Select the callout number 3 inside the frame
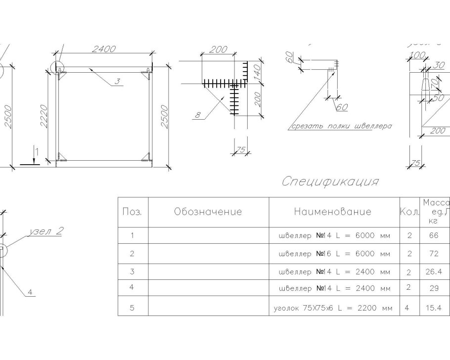coord(117,82)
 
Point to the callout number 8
coord(198,115)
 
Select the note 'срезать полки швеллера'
coord(341,126)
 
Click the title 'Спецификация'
coord(330,181)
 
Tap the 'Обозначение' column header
coord(208,212)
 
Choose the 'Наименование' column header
coord(332,212)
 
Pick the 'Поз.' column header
coord(132,212)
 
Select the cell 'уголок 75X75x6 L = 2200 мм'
coord(333,308)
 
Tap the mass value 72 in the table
coord(434,254)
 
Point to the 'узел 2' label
coord(47,232)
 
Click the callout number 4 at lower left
coord(30,292)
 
